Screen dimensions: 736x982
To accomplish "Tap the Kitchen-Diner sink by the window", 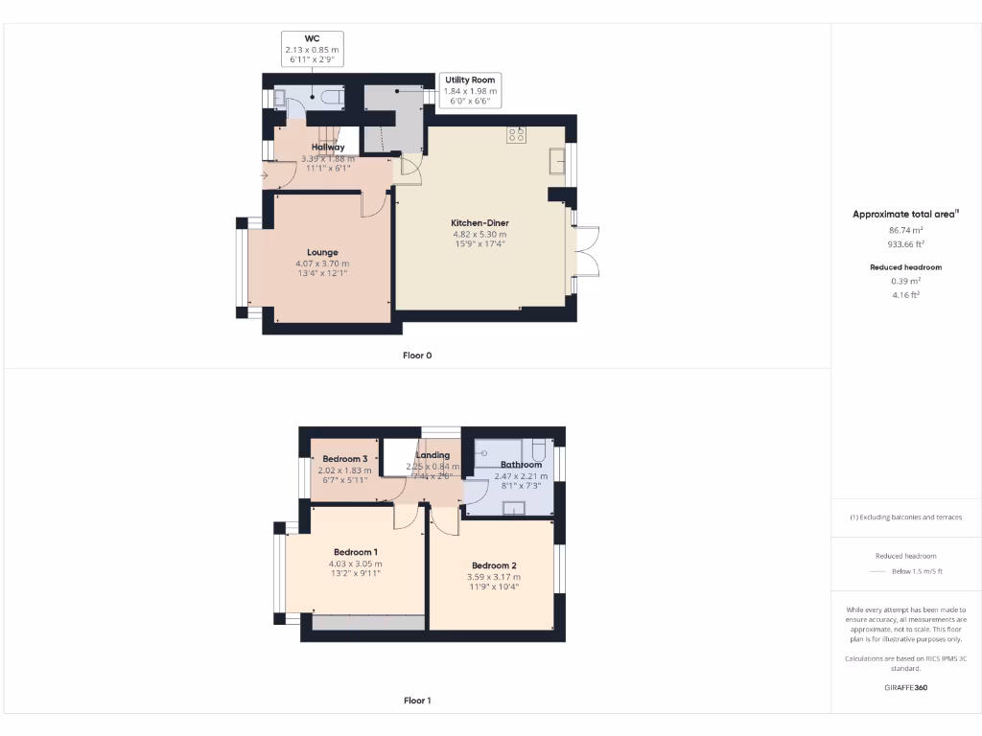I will (555, 161).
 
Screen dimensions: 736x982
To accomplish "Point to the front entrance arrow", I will (264, 175).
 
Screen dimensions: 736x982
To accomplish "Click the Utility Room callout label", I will (470, 80).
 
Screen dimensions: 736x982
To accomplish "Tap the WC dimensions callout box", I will (311, 48).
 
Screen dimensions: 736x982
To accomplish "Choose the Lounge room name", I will (322, 253).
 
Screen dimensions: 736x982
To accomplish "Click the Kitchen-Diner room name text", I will (479, 223).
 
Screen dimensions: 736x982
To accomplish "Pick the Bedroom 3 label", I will (344, 458).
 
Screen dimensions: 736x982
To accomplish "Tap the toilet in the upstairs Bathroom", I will (538, 450).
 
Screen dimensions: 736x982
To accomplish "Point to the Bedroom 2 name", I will (494, 565).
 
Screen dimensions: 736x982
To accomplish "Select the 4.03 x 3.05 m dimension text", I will (357, 563).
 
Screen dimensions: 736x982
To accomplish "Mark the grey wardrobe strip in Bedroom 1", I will (368, 622).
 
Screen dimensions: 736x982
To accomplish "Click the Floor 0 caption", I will (417, 356).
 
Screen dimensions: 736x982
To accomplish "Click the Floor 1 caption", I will (417, 701).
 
